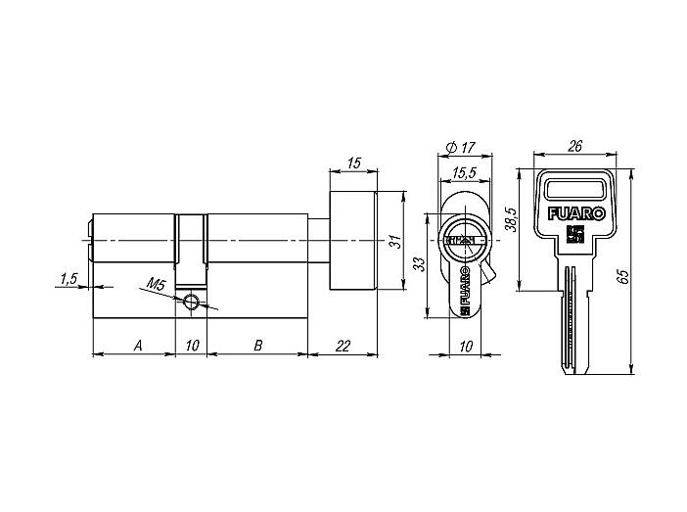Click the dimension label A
point(138,346)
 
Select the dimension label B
point(258,346)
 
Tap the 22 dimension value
point(343,347)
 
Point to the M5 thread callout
point(155,285)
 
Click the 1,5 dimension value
point(69,279)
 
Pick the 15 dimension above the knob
point(353,163)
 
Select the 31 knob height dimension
point(396,242)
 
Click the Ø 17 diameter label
point(460,148)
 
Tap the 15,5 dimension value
point(464,173)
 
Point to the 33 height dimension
point(419,264)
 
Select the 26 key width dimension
point(574,146)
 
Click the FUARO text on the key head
point(576,214)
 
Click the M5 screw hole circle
point(191,302)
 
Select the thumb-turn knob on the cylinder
point(353,241)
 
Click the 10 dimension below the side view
point(466,347)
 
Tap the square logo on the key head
point(573,235)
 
